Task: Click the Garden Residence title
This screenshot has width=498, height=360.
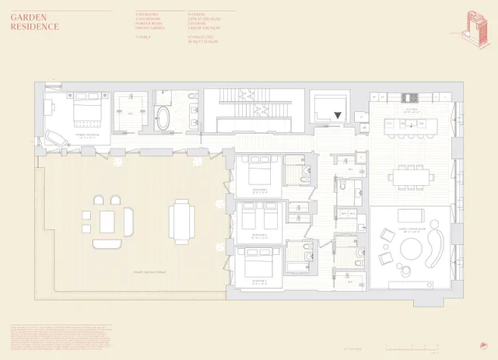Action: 35,22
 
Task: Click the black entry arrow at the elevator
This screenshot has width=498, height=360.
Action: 337,117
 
